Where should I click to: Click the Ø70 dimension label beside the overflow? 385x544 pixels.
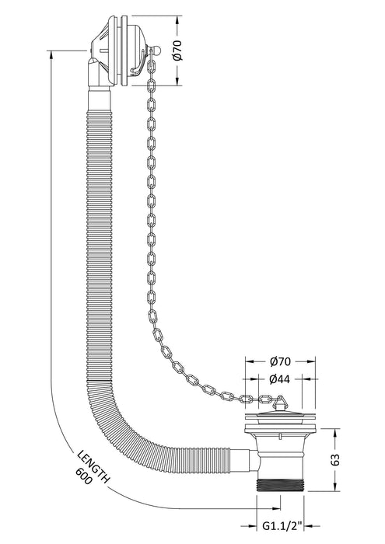coord(177,51)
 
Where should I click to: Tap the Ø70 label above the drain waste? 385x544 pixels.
coord(280,361)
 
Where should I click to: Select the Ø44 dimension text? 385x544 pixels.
coord(280,379)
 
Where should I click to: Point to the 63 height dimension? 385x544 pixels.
coord(335,460)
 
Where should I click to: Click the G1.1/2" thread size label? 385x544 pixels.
coord(281,526)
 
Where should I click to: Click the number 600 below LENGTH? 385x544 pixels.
coord(83,476)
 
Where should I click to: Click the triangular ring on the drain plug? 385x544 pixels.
coord(279,403)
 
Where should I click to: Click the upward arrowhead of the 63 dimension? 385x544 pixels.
coord(335,433)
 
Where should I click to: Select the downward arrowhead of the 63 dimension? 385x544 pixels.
coord(335,486)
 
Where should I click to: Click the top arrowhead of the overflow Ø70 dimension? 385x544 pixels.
coord(177,20)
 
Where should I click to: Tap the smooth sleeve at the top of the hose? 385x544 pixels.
coord(100,100)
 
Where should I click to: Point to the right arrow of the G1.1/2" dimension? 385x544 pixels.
coord(308,526)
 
